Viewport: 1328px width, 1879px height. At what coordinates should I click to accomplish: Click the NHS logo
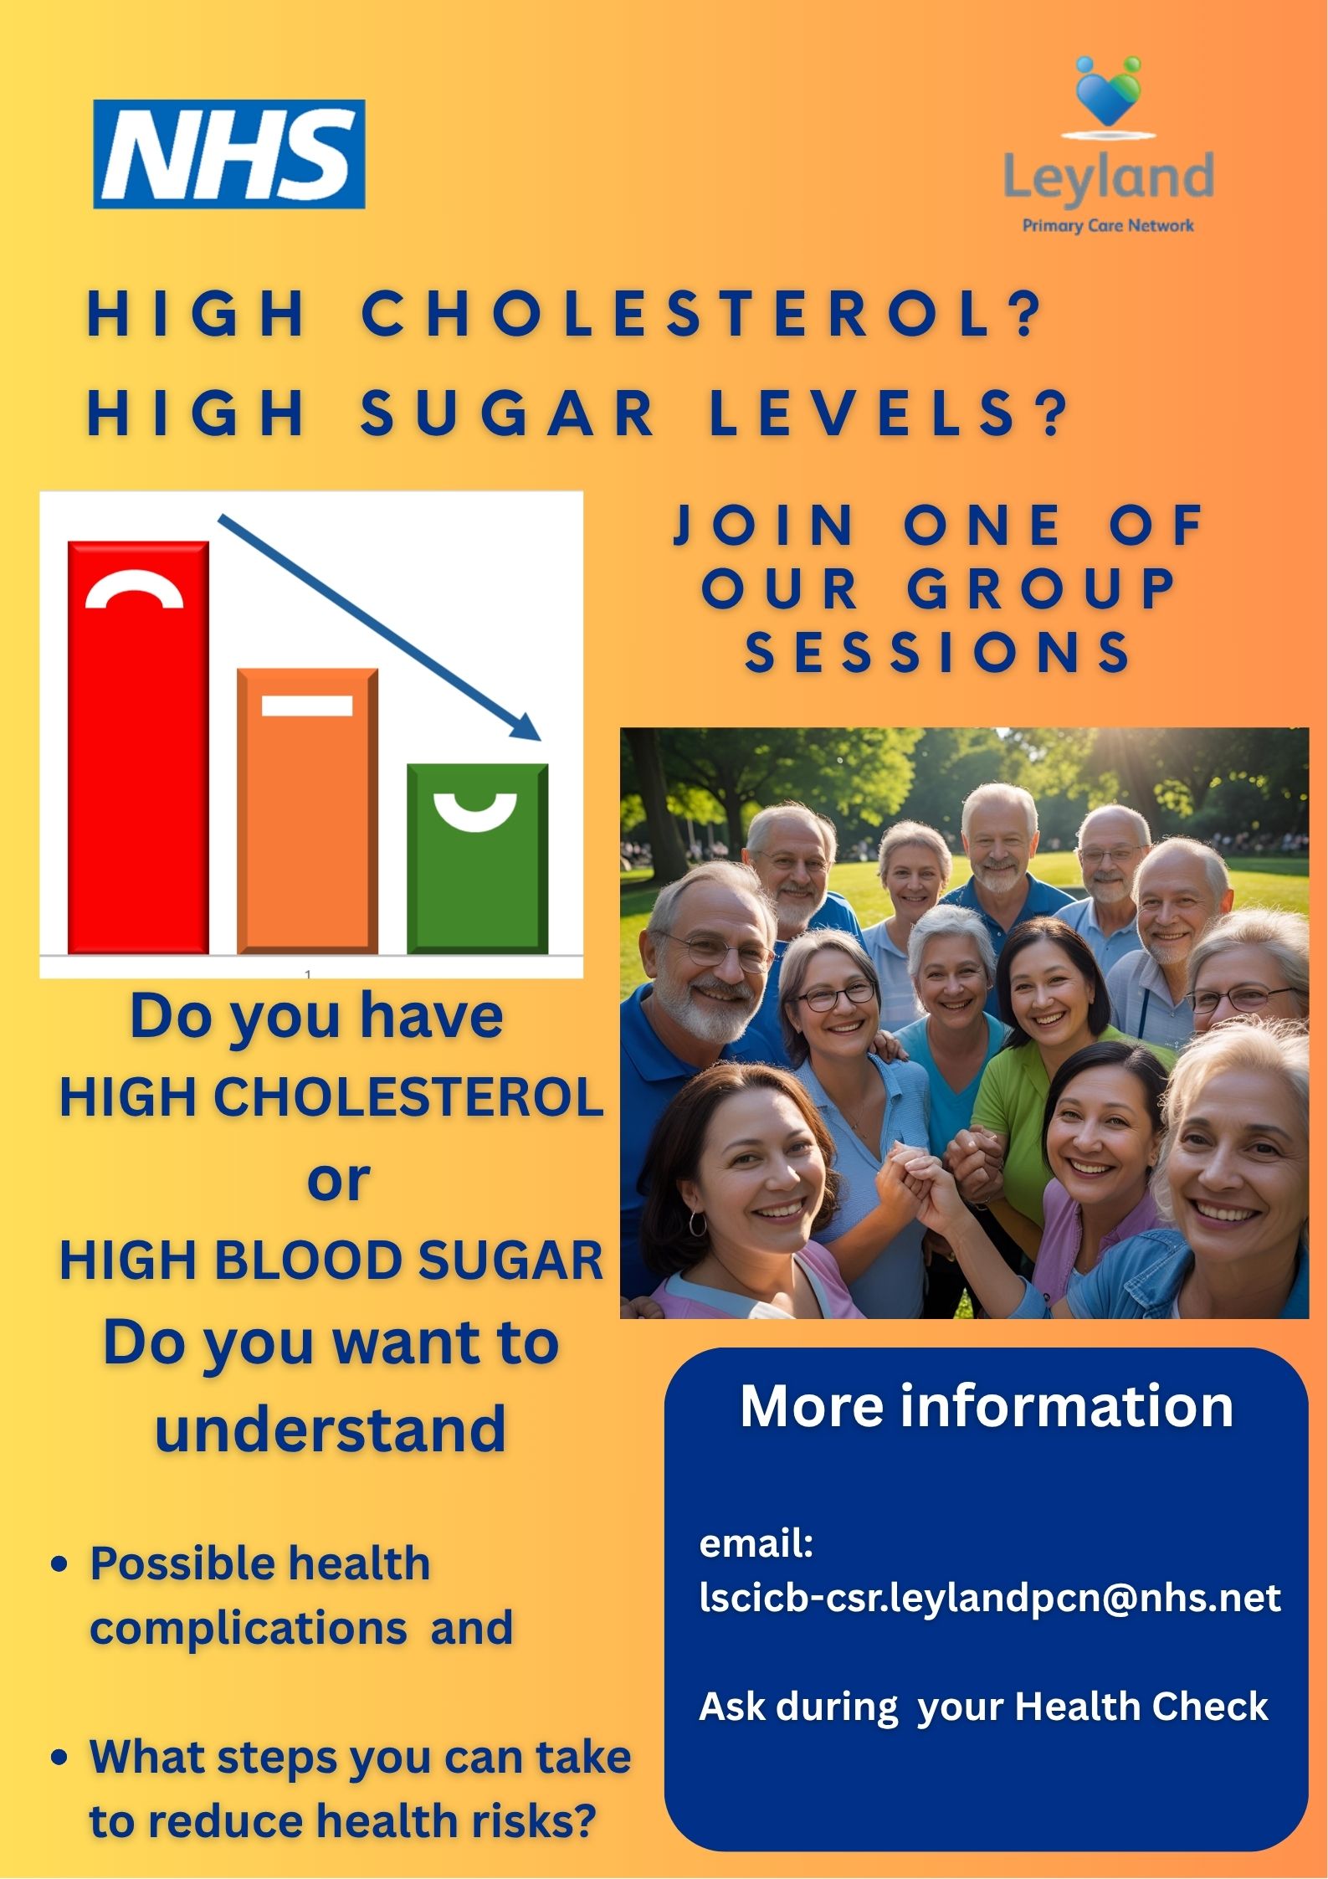point(229,154)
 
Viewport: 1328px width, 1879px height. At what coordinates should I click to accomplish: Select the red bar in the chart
point(138,747)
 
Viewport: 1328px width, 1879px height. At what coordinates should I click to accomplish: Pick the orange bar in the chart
point(307,811)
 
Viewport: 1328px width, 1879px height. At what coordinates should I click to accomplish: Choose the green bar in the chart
point(477,859)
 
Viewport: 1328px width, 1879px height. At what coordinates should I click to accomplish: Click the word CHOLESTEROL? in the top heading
point(702,314)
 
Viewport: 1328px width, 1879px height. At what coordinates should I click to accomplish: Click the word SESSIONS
point(938,652)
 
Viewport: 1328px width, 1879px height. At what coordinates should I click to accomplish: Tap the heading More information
point(987,1405)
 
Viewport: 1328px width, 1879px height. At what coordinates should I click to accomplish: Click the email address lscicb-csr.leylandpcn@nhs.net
point(990,1598)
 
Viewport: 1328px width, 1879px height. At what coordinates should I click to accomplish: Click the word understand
point(331,1429)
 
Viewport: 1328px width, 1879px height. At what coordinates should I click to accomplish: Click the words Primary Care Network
point(1108,225)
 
